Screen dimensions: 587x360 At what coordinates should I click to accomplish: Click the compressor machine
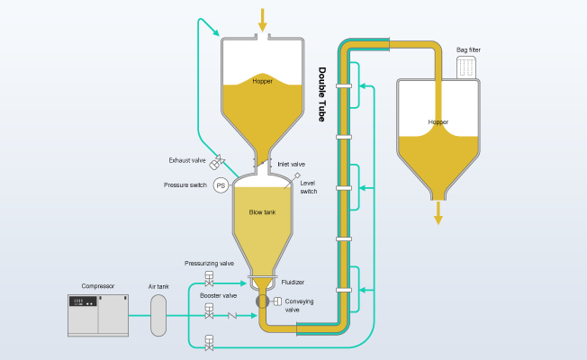point(98,316)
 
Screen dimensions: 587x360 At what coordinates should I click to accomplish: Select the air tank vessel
point(158,316)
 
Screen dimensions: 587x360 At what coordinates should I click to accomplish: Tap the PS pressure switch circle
point(221,185)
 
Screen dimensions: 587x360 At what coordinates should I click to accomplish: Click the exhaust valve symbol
point(217,162)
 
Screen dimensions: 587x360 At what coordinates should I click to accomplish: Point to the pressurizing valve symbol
point(209,279)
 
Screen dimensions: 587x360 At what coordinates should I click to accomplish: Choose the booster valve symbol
point(209,311)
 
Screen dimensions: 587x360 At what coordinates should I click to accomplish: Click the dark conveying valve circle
point(262,301)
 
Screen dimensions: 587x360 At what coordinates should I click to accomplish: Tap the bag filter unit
point(466,67)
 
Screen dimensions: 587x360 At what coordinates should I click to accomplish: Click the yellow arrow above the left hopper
point(262,20)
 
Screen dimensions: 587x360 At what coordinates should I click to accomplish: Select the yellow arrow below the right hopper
point(438,213)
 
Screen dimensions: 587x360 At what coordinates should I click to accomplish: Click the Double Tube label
point(322,94)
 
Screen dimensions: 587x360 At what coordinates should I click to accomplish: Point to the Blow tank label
point(262,212)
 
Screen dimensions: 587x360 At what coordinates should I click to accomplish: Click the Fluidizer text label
point(293,283)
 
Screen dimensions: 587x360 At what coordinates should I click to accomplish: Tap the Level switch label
point(309,187)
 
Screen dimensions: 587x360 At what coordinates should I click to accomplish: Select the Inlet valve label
point(292,165)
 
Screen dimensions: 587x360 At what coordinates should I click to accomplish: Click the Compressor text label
point(98,286)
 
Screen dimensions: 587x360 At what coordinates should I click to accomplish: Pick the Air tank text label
point(158,286)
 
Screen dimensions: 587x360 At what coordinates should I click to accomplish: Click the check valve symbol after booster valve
point(232,316)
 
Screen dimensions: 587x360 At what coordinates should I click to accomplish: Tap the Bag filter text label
point(468,49)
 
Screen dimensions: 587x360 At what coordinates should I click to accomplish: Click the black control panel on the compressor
point(83,301)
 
